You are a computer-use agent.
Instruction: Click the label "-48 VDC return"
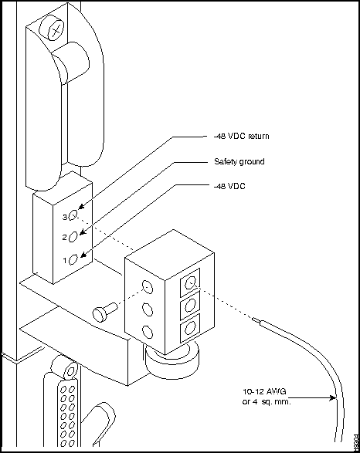242,136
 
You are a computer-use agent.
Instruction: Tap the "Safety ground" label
239,161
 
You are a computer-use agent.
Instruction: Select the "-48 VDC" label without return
229,186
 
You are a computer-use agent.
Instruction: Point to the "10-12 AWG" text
264,392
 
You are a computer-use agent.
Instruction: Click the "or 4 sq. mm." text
267,401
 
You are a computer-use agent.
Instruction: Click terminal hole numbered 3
73,215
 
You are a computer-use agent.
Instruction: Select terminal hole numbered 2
73,237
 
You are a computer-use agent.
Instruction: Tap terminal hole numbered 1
73,259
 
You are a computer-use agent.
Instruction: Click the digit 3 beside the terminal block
65,217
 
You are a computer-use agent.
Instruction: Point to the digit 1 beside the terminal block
65,261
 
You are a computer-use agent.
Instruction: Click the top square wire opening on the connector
190,282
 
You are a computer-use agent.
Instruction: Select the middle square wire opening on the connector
190,305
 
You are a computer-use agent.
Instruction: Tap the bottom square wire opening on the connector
190,328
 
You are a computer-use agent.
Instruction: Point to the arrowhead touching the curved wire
332,397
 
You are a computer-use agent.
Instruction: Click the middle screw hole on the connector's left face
148,309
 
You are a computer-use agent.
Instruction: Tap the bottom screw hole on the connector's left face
148,332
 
